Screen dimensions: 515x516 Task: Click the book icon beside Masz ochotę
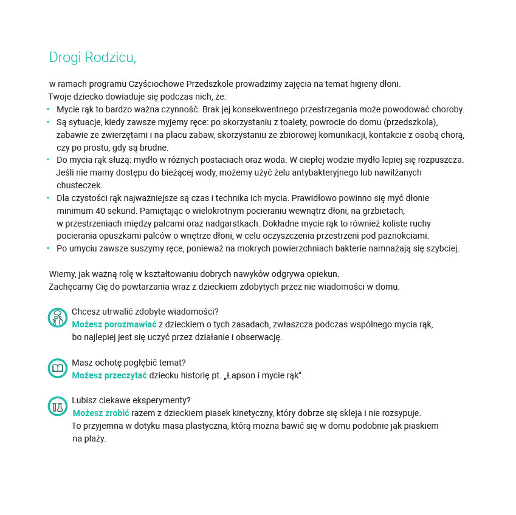click(x=57, y=368)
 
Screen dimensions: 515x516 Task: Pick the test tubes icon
click(x=57, y=406)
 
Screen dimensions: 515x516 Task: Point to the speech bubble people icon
click(x=57, y=317)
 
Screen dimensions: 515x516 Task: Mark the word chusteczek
click(x=80, y=185)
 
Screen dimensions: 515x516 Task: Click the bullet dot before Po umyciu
click(x=48, y=248)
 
